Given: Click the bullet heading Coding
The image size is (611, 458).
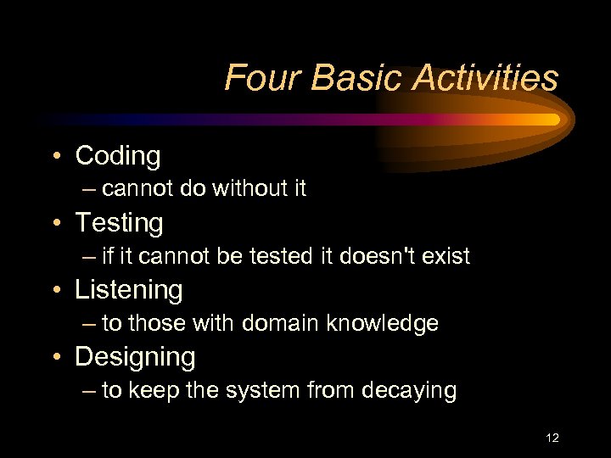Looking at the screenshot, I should coord(118,156).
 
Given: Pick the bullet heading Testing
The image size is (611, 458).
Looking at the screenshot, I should coord(119,223).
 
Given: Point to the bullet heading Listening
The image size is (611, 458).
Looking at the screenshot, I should coord(129,290).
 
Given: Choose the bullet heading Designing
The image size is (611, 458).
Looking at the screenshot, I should coord(135,357).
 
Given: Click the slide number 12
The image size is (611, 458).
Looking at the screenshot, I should coord(552,438).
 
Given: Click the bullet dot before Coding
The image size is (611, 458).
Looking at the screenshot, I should coord(55,157).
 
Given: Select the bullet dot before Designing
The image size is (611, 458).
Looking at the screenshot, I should coord(55,358).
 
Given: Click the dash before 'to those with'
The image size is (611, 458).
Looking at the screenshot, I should coord(89,323).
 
